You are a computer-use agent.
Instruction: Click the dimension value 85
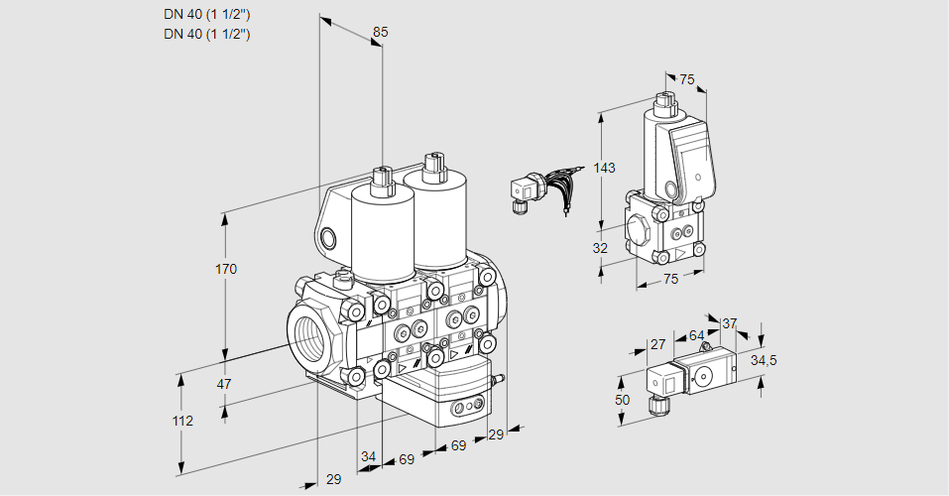380,32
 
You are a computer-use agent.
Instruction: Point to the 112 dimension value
182,421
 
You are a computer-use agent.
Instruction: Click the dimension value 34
368,456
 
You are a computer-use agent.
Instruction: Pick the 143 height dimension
604,168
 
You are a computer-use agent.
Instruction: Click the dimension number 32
600,248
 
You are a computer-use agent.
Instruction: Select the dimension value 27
657,345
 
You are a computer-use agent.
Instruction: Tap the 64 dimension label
696,336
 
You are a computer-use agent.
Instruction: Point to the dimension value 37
729,323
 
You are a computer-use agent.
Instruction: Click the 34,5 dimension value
764,360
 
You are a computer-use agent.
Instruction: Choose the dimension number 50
623,399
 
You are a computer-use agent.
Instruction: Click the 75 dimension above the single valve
687,79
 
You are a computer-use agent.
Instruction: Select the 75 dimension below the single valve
671,279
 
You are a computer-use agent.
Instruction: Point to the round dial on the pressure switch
705,375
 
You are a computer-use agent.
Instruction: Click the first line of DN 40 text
206,14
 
